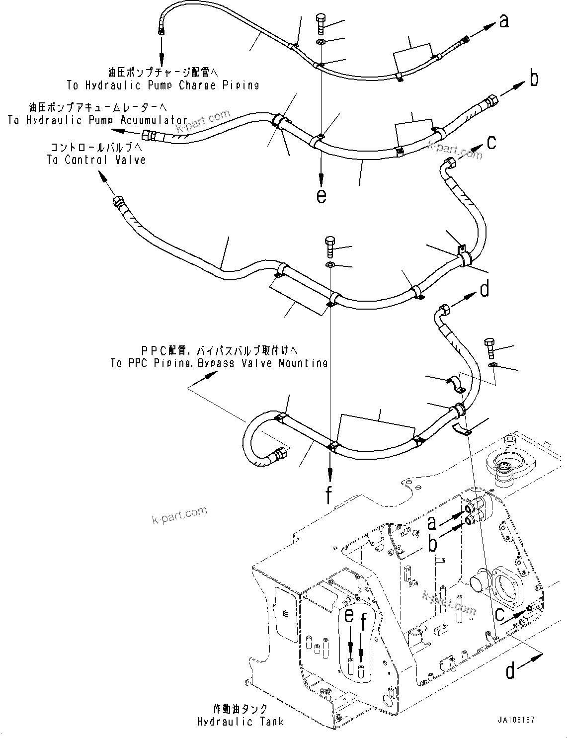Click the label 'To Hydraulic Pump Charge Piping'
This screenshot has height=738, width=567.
click(163, 85)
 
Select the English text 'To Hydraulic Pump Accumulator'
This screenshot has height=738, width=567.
click(97, 120)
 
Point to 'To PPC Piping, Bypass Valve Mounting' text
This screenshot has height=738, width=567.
click(219, 363)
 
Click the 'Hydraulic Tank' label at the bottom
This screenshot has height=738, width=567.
click(240, 722)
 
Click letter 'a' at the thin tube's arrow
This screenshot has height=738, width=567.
click(504, 21)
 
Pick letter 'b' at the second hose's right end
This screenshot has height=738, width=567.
click(534, 79)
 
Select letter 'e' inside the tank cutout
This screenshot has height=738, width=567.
click(350, 616)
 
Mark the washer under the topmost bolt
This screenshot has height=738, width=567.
click(321, 42)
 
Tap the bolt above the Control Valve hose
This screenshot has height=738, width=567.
click(330, 246)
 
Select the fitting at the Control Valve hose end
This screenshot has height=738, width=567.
click(120, 202)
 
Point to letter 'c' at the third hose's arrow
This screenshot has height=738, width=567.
click(491, 143)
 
